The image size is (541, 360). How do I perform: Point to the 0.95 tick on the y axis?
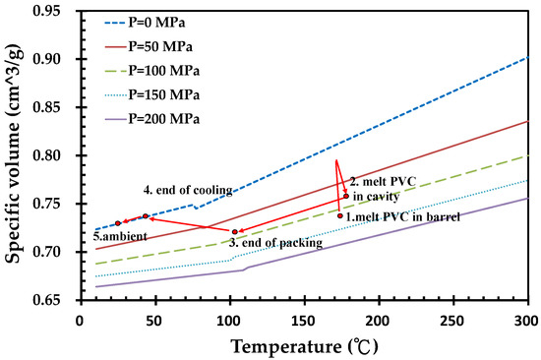pos(59,11)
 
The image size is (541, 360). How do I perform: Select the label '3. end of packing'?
pos(272,241)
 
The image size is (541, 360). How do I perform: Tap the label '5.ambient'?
pos(113,237)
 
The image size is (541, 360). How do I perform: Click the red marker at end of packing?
pos(234,232)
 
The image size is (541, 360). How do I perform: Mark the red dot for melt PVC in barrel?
pos(340,215)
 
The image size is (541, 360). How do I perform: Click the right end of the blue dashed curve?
pos(527,57)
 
